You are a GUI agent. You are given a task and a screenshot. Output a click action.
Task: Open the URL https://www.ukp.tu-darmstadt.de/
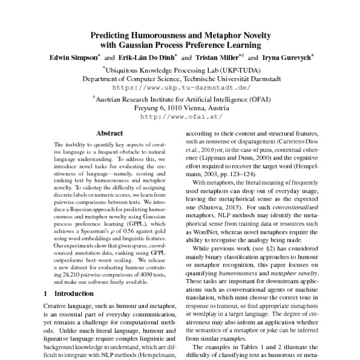pyautogui.click(x=181, y=87)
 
